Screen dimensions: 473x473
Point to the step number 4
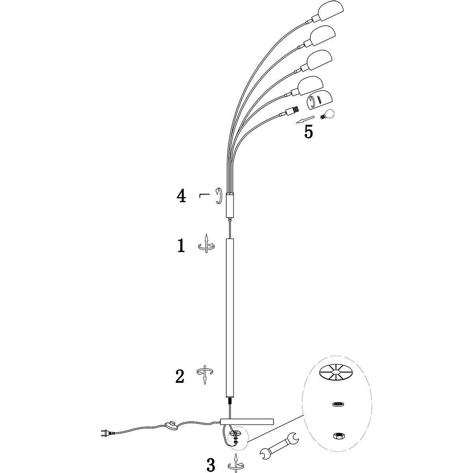(x=181, y=196)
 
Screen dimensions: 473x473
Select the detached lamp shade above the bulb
(x=320, y=99)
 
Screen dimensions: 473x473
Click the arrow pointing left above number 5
(x=305, y=119)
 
